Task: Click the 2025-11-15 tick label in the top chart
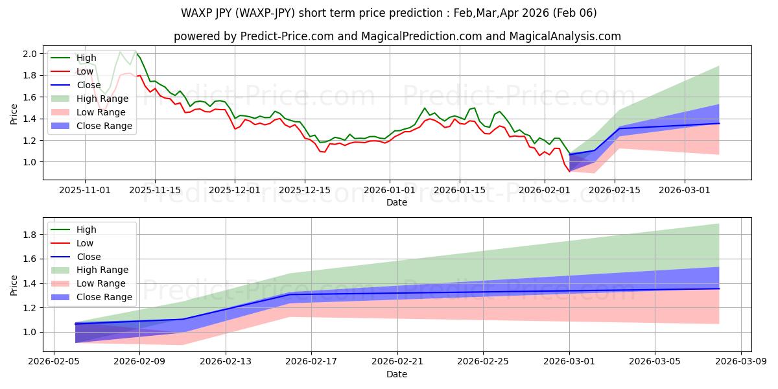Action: coord(154,190)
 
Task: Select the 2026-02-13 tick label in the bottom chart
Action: coord(226,361)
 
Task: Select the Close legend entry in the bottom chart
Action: coord(89,256)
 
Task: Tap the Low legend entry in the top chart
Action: coord(86,71)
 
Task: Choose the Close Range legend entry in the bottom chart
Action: coord(104,297)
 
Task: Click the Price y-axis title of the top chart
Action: coord(14,113)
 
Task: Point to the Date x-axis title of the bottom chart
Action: coord(397,374)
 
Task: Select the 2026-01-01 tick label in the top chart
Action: coord(390,190)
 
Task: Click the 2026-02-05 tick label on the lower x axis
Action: coord(54,361)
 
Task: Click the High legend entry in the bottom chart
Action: coord(86,230)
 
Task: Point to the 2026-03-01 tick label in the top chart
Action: coord(685,190)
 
